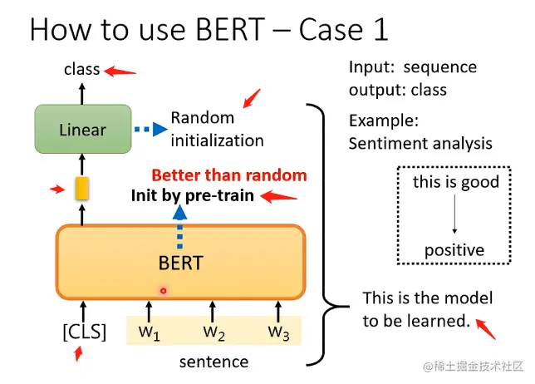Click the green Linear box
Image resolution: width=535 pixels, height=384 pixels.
[83, 129]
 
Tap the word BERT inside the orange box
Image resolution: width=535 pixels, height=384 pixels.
[181, 263]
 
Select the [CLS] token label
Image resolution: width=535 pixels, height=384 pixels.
[85, 332]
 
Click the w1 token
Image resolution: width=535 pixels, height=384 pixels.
[149, 332]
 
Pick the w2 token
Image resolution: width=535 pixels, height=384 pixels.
[214, 332]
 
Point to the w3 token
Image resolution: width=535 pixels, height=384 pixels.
[279, 332]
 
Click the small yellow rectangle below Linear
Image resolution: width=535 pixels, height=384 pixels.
[82, 188]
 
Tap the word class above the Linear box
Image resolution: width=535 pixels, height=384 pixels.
[82, 69]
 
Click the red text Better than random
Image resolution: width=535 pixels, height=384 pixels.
[229, 175]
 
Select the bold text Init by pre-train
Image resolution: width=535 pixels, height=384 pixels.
[193, 196]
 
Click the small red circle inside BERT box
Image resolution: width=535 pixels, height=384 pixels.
[164, 291]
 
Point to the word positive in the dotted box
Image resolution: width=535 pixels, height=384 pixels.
[454, 251]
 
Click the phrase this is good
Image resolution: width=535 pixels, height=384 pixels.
[456, 182]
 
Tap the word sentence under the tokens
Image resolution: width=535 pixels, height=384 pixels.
[214, 362]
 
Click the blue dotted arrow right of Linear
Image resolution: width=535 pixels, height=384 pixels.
[151, 129]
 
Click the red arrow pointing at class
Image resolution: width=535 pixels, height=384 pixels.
[120, 71]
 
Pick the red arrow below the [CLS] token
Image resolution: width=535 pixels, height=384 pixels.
[78, 353]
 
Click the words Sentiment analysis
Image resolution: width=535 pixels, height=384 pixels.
[420, 144]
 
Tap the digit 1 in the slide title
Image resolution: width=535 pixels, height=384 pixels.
[381, 29]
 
